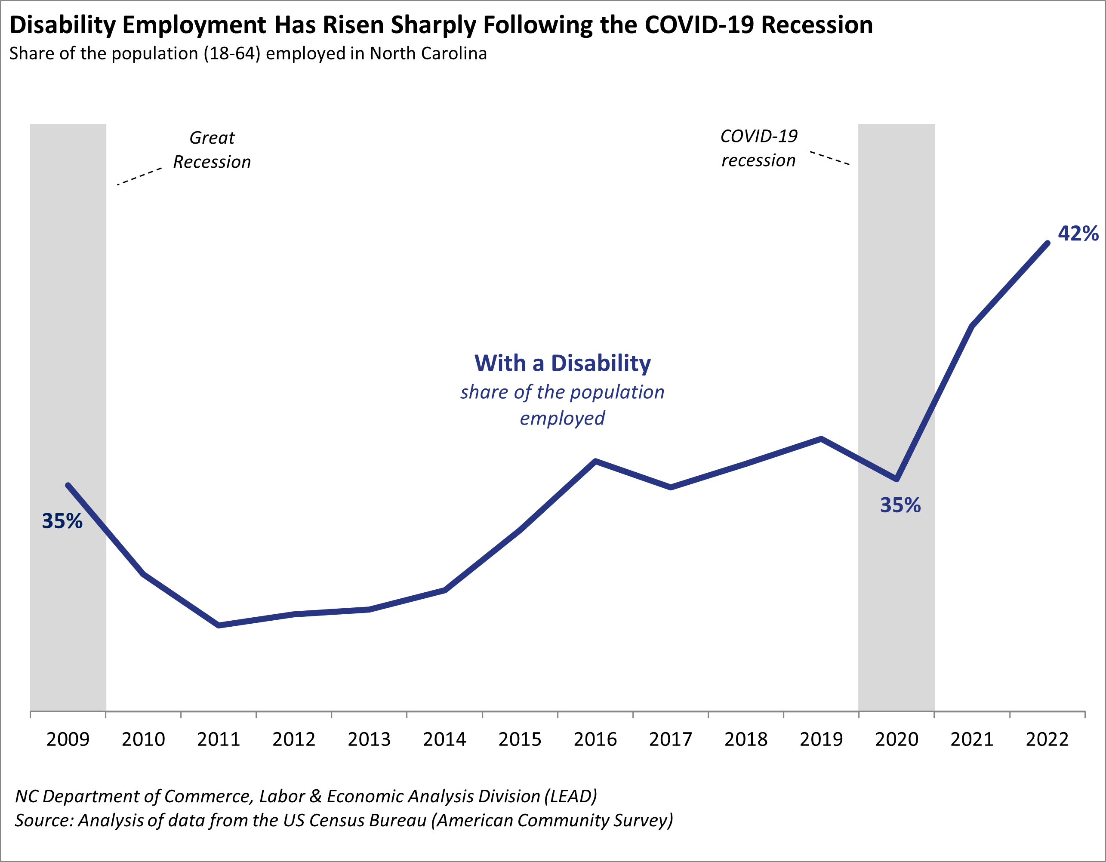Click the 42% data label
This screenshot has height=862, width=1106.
(1078, 234)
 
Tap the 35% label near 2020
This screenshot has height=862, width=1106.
(900, 505)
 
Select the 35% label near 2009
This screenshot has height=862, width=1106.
(62, 521)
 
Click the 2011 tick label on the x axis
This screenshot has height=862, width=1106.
(218, 739)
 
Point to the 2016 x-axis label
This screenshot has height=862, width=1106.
(595, 739)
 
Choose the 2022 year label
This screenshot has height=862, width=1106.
(1047, 739)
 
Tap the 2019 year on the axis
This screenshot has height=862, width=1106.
(821, 739)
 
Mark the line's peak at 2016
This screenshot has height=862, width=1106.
(595, 461)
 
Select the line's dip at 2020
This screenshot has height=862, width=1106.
(897, 479)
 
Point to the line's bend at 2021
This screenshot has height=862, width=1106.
(972, 326)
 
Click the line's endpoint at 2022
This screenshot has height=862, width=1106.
(1047, 243)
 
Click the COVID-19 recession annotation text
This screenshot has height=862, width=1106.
(758, 148)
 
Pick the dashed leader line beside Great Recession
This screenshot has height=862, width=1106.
(139, 176)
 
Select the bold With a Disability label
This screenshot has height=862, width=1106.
(562, 363)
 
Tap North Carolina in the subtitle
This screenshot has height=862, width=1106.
(428, 54)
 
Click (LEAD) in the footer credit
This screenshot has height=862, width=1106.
(571, 796)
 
